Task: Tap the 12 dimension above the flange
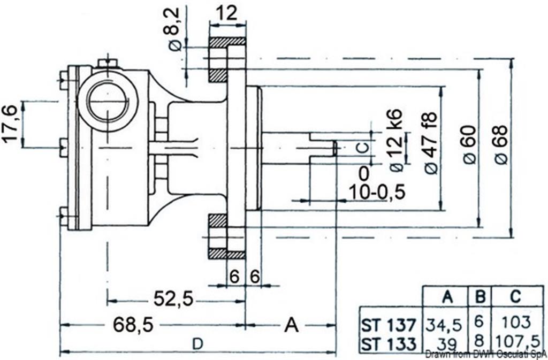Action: click(227, 13)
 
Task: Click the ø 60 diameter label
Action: click(468, 144)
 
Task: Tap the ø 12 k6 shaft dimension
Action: click(397, 140)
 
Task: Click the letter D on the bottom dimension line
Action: click(197, 345)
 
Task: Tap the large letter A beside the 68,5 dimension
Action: click(291, 324)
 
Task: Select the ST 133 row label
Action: click(387, 343)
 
